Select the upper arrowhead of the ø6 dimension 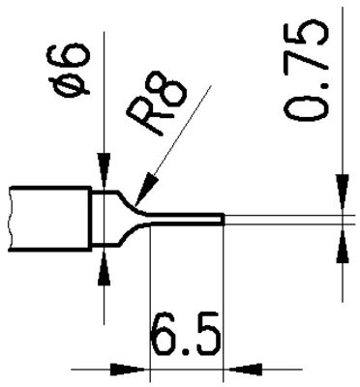[x=103, y=175]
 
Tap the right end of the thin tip [x=224, y=221]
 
